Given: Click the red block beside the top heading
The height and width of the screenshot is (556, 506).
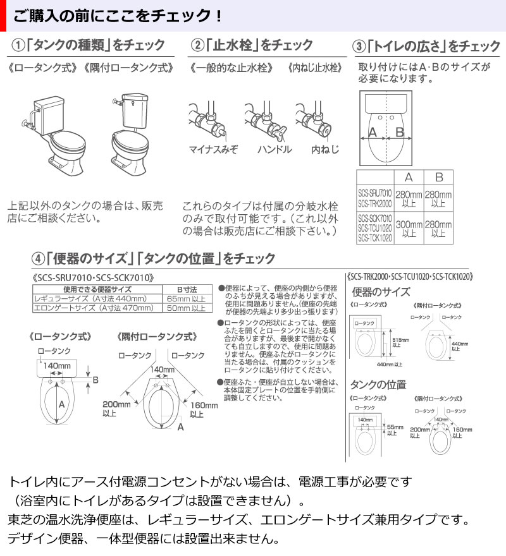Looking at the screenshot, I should tap(3, 15).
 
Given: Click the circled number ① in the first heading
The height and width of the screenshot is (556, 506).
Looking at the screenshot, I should tap(20, 46).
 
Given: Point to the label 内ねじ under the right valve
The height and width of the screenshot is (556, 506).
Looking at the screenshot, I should tap(325, 150).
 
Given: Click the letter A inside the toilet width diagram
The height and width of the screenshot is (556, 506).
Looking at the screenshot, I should tap(373, 132).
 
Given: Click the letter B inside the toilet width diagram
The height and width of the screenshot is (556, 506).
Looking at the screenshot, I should tap(399, 132).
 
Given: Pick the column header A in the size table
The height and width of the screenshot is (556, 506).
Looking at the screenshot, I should tap(409, 178).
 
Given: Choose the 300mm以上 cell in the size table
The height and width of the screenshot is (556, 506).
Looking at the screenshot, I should tap(409, 228).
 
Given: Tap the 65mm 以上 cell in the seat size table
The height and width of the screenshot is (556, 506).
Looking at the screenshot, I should tap(190, 299).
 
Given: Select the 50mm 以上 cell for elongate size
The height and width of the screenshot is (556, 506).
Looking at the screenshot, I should tap(190, 308).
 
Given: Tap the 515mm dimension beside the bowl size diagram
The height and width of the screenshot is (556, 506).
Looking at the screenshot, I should tap(399, 342).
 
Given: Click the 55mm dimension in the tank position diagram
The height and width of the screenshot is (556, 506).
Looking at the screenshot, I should tap(395, 430).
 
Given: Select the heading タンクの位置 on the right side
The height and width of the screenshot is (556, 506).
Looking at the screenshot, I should tap(378, 385).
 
